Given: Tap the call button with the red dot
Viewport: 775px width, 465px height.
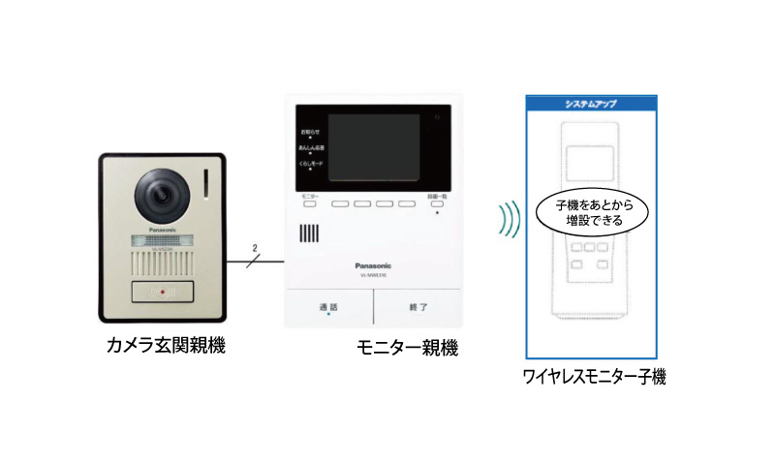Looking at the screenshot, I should [164, 292].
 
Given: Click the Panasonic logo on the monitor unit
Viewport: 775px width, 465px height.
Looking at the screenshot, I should [373, 263].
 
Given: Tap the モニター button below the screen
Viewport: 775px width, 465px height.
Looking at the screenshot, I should [310, 205].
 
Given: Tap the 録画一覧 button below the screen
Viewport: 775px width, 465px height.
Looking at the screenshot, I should [437, 205].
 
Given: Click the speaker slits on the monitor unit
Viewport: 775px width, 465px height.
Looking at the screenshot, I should [309, 235].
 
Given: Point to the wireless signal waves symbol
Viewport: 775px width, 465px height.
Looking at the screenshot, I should [505, 220].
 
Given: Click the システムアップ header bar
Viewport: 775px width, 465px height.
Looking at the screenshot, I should [591, 103].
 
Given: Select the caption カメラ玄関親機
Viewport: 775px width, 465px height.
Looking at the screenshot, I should [166, 345].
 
